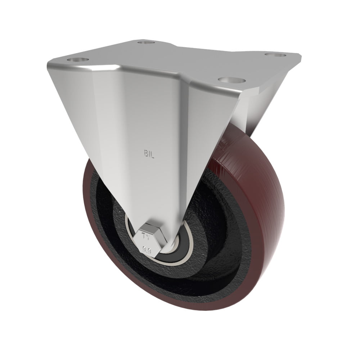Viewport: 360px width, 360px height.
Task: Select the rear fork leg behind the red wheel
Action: pos(248,108)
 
